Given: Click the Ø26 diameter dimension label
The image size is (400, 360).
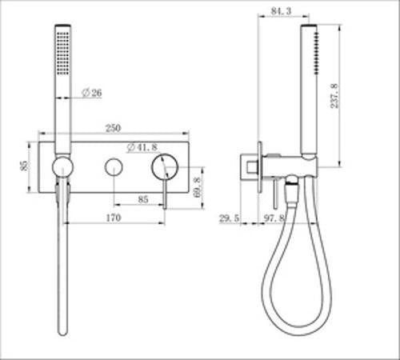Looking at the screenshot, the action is [92, 93].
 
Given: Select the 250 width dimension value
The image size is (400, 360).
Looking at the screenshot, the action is [113, 128].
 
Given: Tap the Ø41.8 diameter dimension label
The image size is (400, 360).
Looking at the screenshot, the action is [142, 147].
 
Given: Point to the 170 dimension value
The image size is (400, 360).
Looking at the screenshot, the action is [114, 218].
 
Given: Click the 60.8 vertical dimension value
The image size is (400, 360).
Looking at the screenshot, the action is [198, 187].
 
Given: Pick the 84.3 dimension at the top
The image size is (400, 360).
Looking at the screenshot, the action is [281, 11].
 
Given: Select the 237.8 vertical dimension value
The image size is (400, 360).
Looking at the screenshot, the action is [334, 96].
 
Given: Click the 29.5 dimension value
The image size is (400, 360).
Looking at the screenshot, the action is [229, 218].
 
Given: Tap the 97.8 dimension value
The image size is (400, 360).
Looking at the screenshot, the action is [274, 218].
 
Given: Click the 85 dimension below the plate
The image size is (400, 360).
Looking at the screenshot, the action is [143, 199].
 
